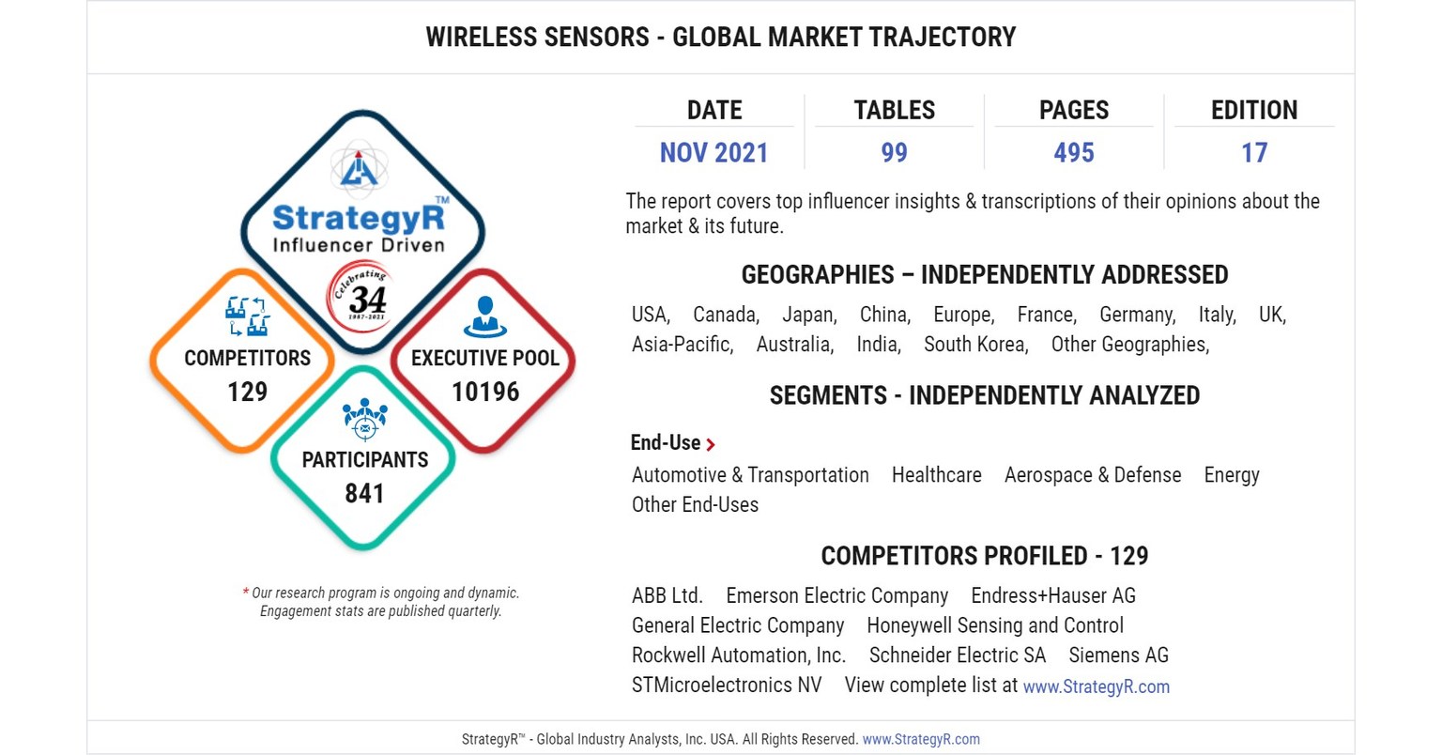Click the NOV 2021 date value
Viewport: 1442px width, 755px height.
click(713, 152)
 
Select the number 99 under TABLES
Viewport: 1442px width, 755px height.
click(894, 152)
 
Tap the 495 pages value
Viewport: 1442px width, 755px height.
click(1074, 152)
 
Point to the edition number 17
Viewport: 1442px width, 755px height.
click(1254, 152)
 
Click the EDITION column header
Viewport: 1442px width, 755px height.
click(1254, 110)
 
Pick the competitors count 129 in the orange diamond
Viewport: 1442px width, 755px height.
click(247, 392)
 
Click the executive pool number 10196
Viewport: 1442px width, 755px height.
click(485, 392)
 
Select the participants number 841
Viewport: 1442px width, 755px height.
click(364, 493)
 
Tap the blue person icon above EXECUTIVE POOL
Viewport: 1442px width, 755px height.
click(484, 316)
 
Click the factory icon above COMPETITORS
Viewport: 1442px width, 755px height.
click(248, 316)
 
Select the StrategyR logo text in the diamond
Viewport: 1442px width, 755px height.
click(360, 218)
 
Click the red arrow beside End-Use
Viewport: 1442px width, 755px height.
click(711, 445)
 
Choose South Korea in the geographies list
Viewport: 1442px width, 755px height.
click(974, 345)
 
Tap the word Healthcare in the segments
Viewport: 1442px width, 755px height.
click(936, 475)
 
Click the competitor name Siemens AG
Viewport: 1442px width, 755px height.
click(1118, 655)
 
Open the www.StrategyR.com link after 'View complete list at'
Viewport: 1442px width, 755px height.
click(1096, 686)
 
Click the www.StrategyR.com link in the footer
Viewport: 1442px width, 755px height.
click(921, 739)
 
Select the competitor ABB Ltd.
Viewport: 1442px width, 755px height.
click(667, 595)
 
